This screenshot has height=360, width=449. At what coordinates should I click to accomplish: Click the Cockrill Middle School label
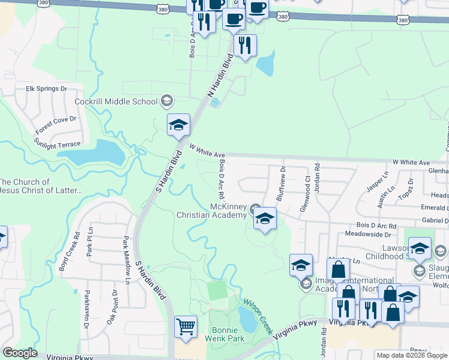click(116, 101)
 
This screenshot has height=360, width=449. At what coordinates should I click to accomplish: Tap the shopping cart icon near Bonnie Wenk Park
click(185, 327)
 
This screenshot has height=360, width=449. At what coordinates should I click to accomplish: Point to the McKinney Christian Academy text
click(211, 211)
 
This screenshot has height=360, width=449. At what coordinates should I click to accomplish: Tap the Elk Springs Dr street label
click(46, 89)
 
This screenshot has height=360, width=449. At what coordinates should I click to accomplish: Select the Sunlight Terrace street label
click(57, 144)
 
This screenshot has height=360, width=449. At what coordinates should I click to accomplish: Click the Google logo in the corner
click(20, 353)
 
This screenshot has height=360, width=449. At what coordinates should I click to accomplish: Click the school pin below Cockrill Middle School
click(178, 125)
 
